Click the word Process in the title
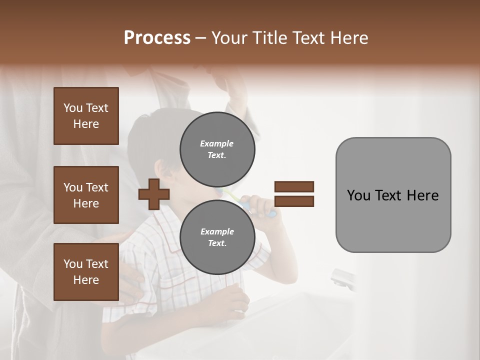point(157,38)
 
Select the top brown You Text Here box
point(86,116)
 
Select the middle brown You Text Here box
point(86,195)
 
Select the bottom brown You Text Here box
point(86,272)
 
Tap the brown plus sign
point(154,195)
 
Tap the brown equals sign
point(294,194)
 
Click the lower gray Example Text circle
point(217,237)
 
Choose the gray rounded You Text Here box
point(393,195)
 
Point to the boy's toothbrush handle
point(270,213)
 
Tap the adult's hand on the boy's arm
point(131,280)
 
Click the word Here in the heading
point(349,38)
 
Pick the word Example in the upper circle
point(217,143)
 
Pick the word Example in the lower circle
point(217,231)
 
